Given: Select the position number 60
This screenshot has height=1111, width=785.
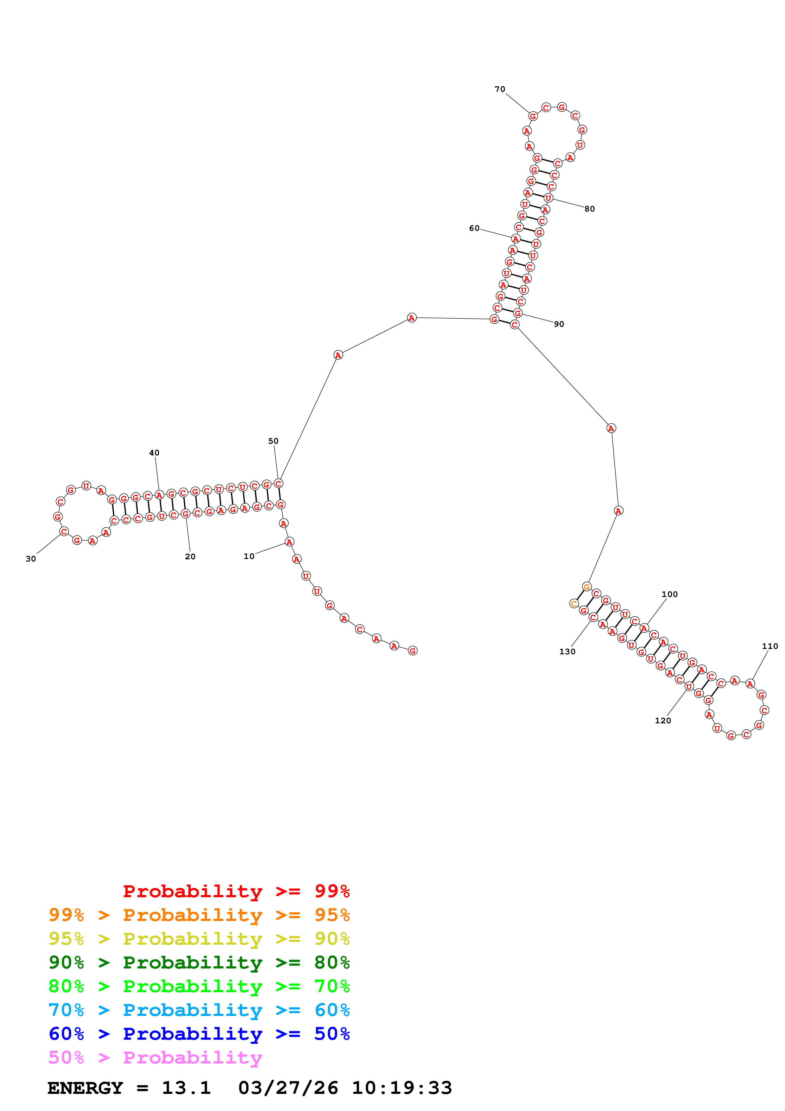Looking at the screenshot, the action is (474, 228).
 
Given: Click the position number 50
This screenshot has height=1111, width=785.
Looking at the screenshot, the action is (273, 441).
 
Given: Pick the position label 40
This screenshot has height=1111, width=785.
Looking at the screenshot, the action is (154, 453).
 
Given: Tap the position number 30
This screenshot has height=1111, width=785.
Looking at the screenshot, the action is (30, 559).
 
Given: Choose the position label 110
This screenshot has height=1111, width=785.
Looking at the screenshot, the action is (769, 646).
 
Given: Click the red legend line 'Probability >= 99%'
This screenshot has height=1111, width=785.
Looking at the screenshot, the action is (236, 891).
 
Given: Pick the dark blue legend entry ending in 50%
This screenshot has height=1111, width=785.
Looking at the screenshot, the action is (199, 1034).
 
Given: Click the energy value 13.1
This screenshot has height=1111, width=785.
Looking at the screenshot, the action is (186, 1088).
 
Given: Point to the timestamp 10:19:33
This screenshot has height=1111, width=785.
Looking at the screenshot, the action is (402, 1088).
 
